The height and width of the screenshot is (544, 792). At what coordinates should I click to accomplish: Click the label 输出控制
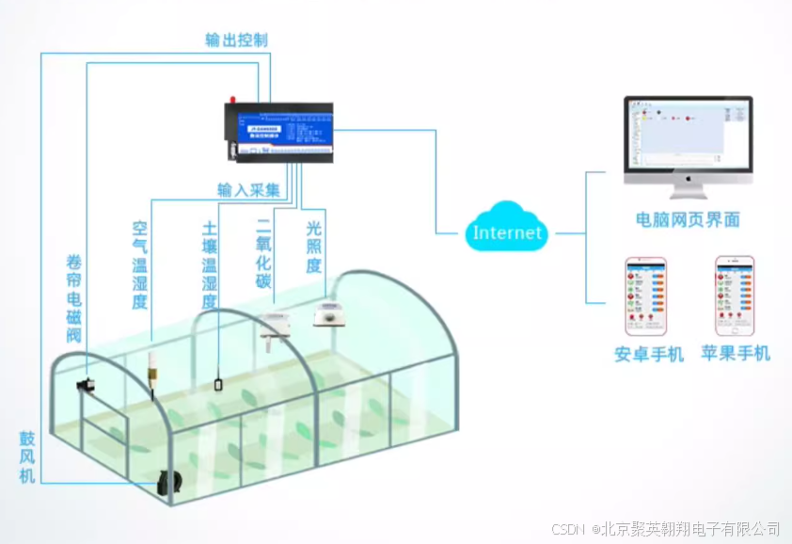237,40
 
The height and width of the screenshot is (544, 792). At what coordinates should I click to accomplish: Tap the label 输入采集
249,190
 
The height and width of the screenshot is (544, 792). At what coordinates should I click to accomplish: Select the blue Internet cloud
507,231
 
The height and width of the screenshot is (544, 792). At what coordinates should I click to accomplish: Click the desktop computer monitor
689,141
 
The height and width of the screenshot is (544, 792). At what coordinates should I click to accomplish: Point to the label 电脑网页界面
688,219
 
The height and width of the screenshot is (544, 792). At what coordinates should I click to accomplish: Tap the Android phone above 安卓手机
645,296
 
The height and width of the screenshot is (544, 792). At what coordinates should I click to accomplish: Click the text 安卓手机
649,354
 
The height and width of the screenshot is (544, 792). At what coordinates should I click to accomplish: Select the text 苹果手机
736,353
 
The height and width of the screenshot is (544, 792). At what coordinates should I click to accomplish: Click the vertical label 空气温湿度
140,265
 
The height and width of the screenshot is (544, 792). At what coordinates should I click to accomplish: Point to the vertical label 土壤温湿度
210,265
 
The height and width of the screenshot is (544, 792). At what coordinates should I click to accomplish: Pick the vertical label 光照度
314,248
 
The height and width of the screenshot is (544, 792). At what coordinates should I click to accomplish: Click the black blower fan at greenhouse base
170,480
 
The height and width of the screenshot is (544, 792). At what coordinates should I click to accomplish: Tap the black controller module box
278,130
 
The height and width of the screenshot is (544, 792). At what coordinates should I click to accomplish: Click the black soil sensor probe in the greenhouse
217,383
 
